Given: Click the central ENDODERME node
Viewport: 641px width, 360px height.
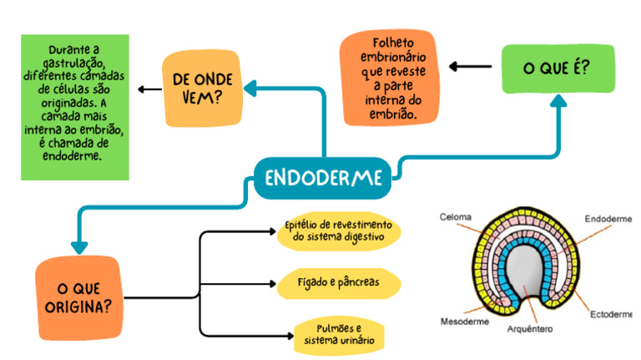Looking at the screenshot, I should point(323,178).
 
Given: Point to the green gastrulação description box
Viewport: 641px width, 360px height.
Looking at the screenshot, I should point(75,107).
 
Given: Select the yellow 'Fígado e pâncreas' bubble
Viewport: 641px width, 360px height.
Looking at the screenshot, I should point(337,282).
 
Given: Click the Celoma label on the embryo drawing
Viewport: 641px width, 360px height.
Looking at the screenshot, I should point(455,217).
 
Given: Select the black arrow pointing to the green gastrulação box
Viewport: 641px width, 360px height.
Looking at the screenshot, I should point(150,89).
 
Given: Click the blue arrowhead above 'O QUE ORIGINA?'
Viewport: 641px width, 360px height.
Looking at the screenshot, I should point(79,246).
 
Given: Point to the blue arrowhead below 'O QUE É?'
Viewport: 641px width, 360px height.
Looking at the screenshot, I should point(558,100).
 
